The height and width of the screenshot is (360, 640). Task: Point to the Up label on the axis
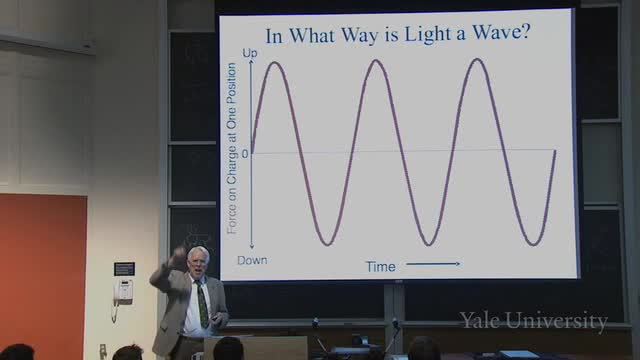point(250,53)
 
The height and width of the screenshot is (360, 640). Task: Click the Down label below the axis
point(252,260)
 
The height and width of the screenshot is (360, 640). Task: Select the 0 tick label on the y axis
point(245,154)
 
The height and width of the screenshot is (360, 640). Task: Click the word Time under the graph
point(380,267)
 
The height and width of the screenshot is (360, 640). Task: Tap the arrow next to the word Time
point(433,264)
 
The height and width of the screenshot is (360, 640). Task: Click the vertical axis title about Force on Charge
point(232,149)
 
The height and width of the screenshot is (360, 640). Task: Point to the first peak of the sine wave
point(274,62)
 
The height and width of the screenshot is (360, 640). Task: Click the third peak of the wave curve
point(477,60)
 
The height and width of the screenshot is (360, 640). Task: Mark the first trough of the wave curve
point(327,244)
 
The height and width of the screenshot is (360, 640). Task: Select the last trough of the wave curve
point(533,244)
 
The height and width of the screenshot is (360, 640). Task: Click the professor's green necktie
point(202,304)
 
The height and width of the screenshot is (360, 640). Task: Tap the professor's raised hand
point(178,256)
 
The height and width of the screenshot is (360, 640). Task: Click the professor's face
point(198,264)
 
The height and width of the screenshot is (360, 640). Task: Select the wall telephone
point(123,292)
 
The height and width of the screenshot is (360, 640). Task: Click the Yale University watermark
point(533,320)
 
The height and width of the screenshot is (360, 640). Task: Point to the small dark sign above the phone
point(124,269)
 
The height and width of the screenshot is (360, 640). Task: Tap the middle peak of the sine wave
point(376,62)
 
